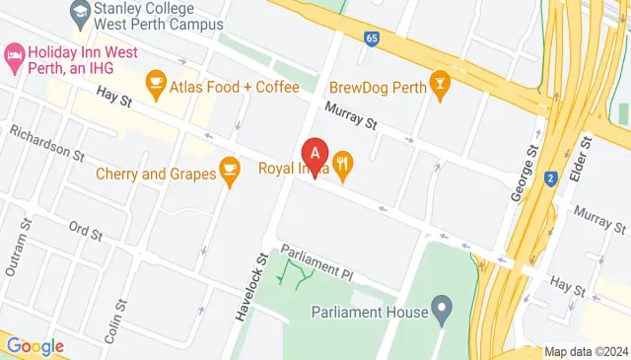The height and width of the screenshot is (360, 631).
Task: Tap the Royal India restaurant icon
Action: (x=343, y=166)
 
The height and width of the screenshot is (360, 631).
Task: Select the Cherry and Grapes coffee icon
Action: (x=230, y=174)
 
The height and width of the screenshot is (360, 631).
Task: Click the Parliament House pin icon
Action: (x=442, y=312)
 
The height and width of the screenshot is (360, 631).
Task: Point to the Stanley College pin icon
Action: (x=81, y=14)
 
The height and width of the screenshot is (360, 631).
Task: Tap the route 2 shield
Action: (x=550, y=179)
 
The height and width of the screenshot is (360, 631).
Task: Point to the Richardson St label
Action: (x=46, y=143)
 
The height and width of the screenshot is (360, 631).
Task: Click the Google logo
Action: (x=35, y=346)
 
